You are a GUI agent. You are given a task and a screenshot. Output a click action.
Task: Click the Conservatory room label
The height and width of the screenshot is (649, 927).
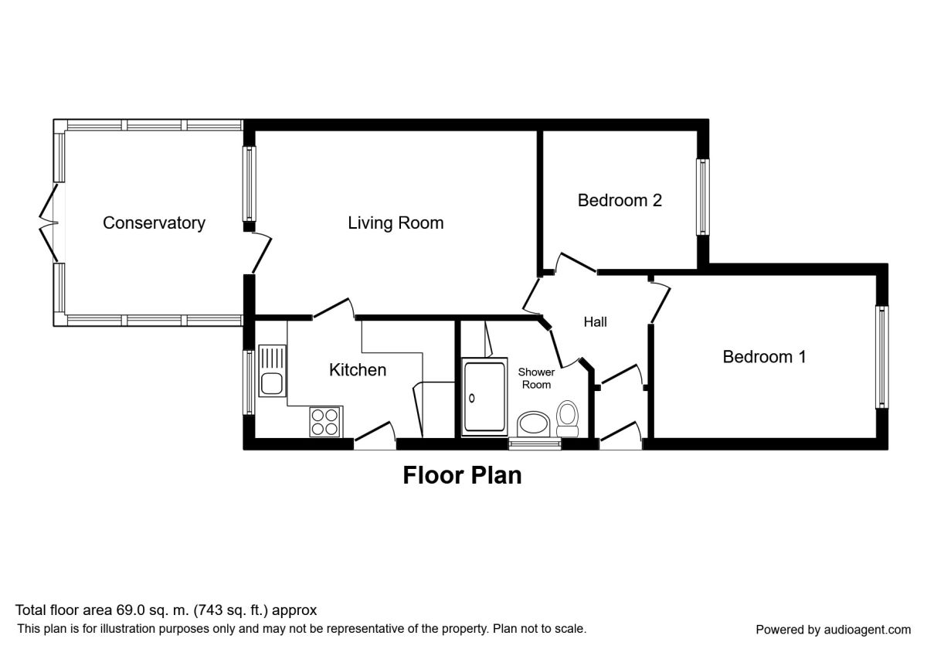click(x=154, y=223)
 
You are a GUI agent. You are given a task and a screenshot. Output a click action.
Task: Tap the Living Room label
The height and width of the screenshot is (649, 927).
click(x=396, y=223)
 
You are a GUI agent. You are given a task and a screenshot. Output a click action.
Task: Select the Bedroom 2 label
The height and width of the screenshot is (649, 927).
click(x=620, y=200)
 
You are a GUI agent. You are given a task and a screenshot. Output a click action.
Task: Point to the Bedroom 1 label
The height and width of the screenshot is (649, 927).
click(x=764, y=357)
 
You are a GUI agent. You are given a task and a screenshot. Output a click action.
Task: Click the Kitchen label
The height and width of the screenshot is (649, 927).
click(x=358, y=369)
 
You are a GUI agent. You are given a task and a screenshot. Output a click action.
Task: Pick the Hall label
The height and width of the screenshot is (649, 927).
click(x=595, y=321)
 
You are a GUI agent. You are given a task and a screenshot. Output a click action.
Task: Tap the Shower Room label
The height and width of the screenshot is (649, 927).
click(x=536, y=379)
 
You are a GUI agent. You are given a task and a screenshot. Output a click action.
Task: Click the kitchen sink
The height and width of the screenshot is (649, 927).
click(x=272, y=371)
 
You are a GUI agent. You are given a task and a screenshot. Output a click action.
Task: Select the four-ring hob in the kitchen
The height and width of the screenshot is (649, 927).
click(x=325, y=422)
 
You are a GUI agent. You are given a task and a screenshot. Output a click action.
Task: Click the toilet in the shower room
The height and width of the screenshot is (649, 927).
click(x=567, y=419)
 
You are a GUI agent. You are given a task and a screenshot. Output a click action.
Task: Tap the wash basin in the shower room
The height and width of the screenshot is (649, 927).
click(x=534, y=423)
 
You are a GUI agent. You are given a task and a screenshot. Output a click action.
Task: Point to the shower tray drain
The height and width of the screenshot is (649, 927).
click(x=471, y=399)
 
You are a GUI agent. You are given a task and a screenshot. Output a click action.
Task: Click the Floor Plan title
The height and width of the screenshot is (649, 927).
click(x=462, y=475)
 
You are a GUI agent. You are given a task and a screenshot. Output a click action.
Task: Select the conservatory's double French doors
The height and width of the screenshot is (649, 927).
click(x=49, y=223)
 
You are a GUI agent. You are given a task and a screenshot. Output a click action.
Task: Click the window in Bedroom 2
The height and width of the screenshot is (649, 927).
click(x=703, y=197)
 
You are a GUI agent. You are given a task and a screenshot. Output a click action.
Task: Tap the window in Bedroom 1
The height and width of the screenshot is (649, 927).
click(x=882, y=357)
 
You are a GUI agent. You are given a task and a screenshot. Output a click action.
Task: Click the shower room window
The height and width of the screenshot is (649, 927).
click(x=535, y=444)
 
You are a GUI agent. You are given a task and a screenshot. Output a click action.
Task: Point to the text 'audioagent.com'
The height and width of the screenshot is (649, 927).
click(x=868, y=630)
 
